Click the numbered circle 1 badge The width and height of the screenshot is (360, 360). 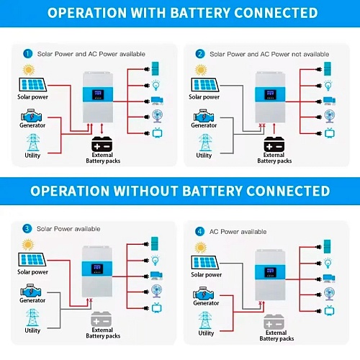tap(27, 53)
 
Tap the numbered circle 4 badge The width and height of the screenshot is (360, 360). tap(199, 232)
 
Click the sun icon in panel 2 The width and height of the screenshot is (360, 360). tap(201, 70)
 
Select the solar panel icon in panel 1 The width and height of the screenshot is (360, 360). tap(32, 84)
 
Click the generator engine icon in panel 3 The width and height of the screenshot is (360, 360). tap(31, 291)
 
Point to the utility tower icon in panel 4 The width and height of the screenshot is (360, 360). tap(205, 320)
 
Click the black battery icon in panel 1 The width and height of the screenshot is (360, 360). tap(102, 144)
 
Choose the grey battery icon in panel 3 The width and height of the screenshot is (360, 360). tap(102, 319)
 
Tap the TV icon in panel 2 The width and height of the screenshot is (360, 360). tap(330, 133)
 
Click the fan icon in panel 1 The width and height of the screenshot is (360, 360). tap(158, 116)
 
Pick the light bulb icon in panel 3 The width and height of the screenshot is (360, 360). tap(156, 260)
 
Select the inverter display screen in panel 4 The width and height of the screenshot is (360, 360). tap(270, 272)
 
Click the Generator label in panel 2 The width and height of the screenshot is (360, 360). tap(204, 125)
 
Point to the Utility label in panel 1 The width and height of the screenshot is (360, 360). tap(32, 156)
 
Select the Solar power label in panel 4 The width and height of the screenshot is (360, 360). tap(206, 274)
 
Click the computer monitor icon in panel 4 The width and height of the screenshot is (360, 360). tap(329, 278)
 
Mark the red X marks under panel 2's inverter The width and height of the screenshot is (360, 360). tap(262, 125)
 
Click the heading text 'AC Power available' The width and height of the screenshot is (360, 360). tap(238, 232)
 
